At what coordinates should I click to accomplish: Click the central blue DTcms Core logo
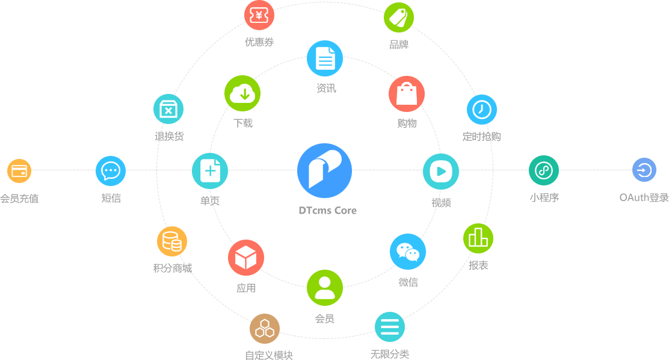(x=325, y=171)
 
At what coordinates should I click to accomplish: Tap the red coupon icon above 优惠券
(x=259, y=16)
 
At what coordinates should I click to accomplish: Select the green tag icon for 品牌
(x=399, y=17)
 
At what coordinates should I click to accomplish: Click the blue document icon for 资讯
(x=325, y=58)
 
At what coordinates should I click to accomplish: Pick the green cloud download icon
(x=242, y=93)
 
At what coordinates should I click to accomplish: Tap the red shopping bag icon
(x=407, y=94)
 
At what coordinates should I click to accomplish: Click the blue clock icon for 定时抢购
(x=482, y=110)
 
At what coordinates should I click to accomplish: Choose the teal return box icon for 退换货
(x=168, y=110)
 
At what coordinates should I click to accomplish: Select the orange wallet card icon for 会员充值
(x=19, y=171)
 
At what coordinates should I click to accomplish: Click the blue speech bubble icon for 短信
(x=111, y=171)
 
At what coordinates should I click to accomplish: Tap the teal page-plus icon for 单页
(x=210, y=171)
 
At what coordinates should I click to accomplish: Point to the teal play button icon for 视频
(x=441, y=172)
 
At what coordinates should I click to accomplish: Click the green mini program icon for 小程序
(x=544, y=170)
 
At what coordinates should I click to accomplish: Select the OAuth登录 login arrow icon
(x=644, y=170)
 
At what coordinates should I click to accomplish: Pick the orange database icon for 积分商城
(x=172, y=241)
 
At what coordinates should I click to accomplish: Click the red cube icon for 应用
(x=246, y=258)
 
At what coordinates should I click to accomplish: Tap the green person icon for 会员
(x=325, y=288)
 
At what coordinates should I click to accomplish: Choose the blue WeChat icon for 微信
(x=408, y=252)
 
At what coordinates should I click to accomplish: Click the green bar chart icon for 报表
(x=478, y=238)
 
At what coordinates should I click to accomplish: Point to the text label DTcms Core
(x=328, y=211)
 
